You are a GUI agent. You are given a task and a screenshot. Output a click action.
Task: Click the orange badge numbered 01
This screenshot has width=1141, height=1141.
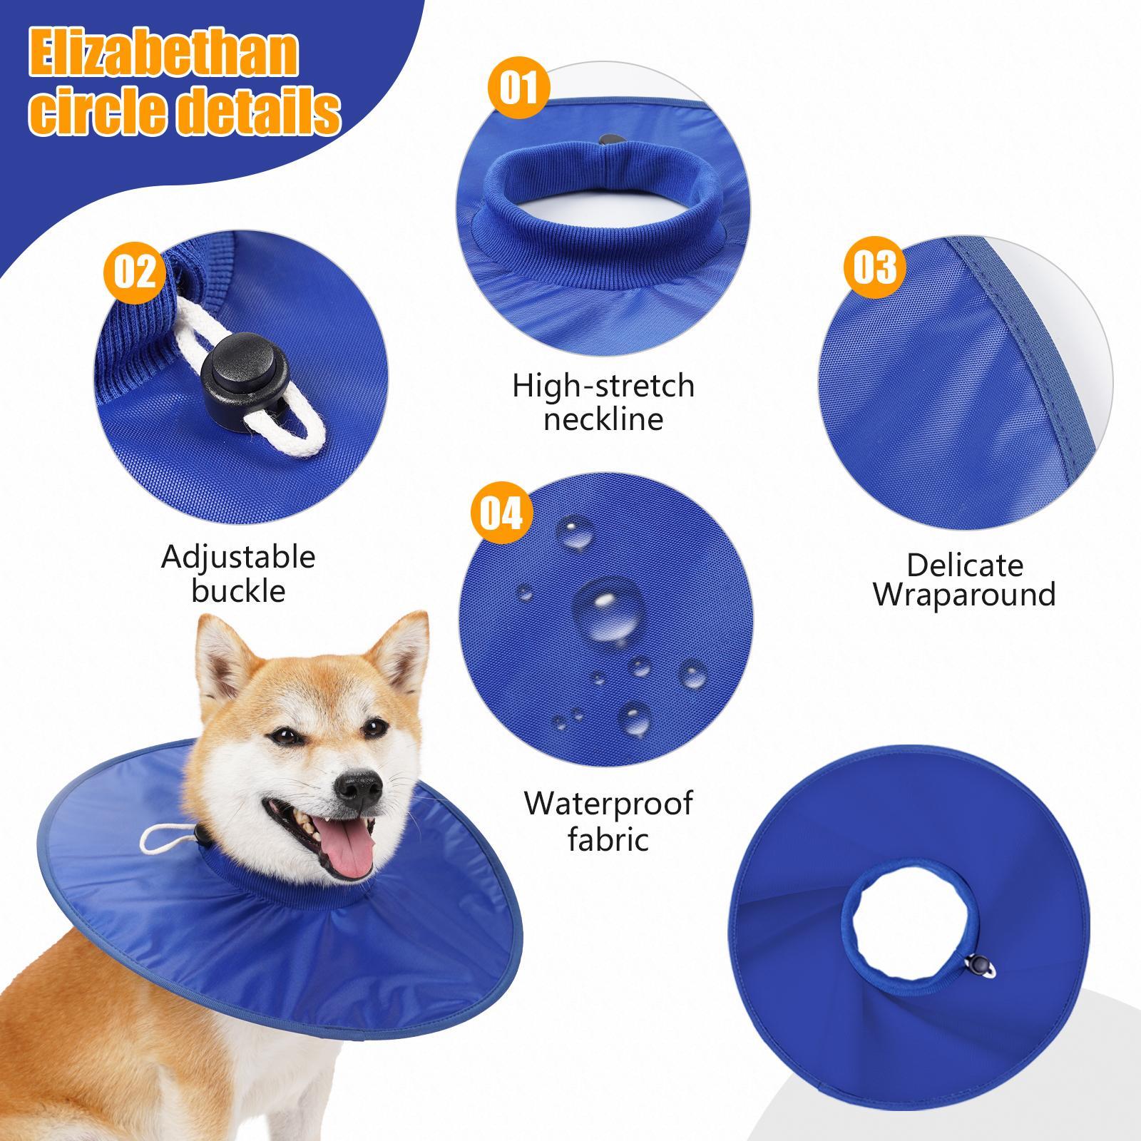518,90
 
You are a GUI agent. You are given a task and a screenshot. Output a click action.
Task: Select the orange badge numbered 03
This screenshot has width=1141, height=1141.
875,267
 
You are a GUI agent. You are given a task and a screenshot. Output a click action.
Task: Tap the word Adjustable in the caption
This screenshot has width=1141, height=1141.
238,557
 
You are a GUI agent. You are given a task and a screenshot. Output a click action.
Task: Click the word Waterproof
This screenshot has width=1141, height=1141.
608,804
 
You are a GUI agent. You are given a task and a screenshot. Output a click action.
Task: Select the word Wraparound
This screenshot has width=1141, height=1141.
965,594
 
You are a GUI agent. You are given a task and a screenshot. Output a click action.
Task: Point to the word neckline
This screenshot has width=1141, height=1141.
603,419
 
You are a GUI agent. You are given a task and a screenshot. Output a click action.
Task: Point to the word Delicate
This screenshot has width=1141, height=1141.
965,566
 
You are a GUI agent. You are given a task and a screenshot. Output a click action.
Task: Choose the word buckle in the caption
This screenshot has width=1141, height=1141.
238,591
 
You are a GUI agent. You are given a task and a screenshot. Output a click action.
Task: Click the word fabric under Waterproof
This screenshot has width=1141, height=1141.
608,839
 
